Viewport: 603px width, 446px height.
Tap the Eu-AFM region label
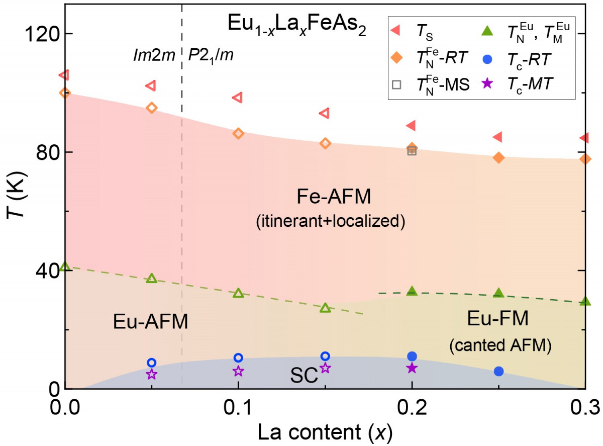click(x=150, y=321)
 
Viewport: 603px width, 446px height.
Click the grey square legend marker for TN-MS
click(x=396, y=84)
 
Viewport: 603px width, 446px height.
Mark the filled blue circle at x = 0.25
click(x=498, y=371)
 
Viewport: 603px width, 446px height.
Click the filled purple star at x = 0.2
click(x=412, y=368)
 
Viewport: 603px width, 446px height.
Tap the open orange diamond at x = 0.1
click(x=238, y=133)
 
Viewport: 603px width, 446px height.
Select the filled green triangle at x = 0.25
click(x=498, y=293)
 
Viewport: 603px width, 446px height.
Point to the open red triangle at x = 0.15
click(x=325, y=113)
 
